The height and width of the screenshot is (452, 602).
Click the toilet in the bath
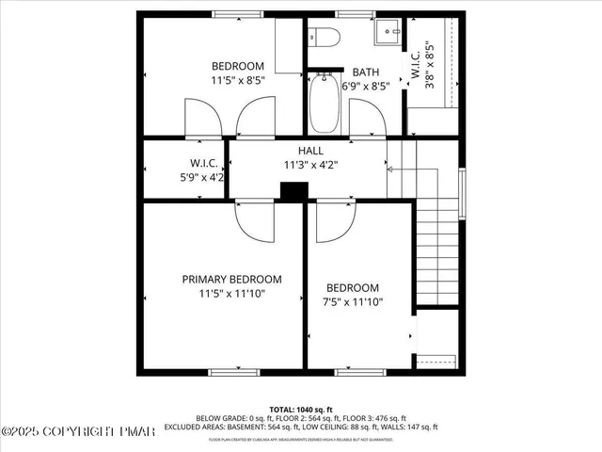[x=325, y=39]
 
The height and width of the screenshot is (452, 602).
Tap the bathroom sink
[x=386, y=36]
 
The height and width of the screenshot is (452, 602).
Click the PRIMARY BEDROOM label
[x=231, y=279]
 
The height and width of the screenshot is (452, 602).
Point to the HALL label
[x=310, y=151]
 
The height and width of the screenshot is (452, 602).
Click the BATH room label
[x=366, y=73]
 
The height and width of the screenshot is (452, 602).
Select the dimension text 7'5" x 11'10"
[x=352, y=302]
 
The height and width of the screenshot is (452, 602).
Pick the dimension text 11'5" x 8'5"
[x=237, y=81]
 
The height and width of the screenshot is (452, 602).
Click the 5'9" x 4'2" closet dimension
[x=203, y=176]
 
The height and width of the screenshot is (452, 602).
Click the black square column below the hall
[x=293, y=190]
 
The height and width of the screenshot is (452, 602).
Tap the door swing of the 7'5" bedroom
[x=335, y=221]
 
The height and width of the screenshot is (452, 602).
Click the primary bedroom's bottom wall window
[x=233, y=371]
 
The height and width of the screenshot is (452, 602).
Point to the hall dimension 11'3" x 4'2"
[x=310, y=164]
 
